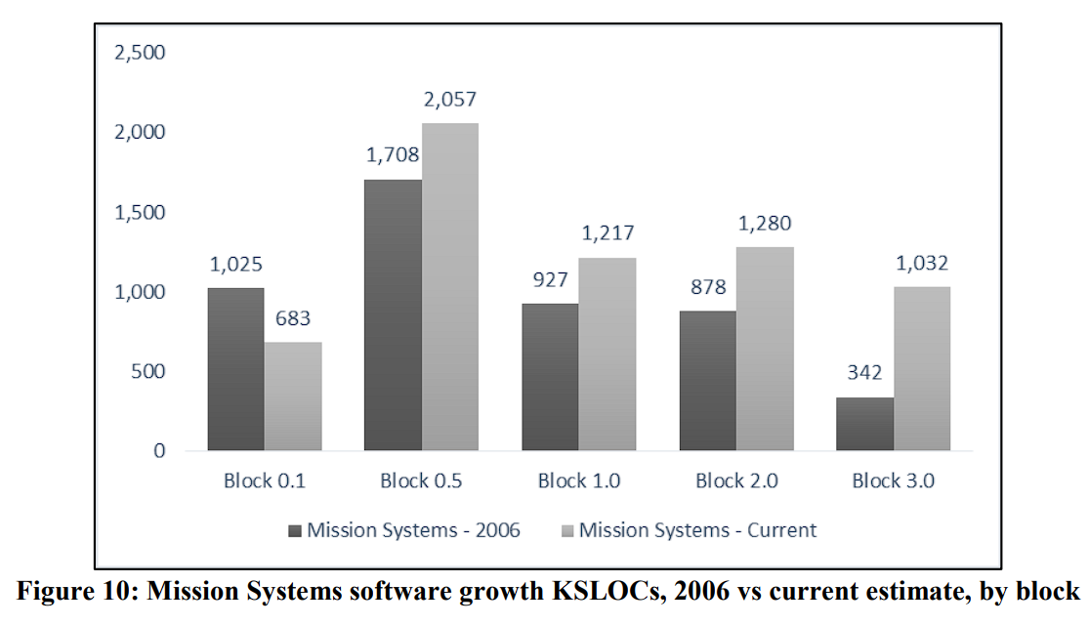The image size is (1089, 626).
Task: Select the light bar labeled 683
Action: point(293,396)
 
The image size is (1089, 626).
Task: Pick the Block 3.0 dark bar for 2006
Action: point(864,424)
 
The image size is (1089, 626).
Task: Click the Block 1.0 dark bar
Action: point(550,377)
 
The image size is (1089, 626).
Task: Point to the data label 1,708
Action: point(393,155)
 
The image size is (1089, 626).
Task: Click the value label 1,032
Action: point(922,263)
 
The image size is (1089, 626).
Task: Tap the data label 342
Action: point(864,373)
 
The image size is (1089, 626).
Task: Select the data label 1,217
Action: point(607,233)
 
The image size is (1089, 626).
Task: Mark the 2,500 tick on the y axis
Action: point(140,53)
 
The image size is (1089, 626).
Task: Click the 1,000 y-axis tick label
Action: point(140,292)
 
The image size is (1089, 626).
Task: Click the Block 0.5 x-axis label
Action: point(421,480)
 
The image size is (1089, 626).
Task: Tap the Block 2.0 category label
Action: point(735,480)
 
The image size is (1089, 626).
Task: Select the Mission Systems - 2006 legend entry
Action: point(404,530)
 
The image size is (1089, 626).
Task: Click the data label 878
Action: point(707,287)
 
